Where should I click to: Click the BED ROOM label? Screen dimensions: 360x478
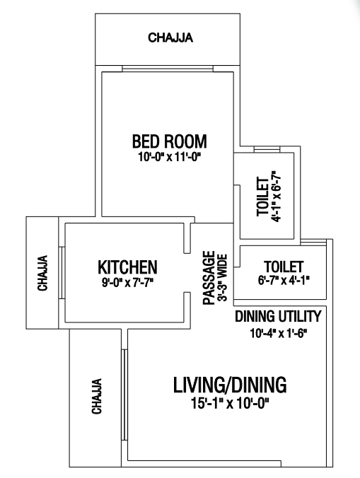tap(170, 141)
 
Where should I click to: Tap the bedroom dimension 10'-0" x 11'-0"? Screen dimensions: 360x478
tap(170, 157)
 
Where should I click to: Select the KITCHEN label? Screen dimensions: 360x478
tap(127, 267)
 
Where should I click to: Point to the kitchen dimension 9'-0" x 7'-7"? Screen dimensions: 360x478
tap(127, 283)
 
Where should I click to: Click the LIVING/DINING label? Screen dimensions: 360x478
tap(230, 385)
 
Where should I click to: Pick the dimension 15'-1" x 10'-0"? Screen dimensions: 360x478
tap(230, 404)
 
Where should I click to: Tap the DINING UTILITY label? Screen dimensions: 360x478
tap(278, 316)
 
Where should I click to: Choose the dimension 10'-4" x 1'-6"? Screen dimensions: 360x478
tap(278, 333)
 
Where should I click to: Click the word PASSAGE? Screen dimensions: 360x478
tap(209, 278)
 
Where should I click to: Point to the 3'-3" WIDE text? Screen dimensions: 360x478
tap(223, 278)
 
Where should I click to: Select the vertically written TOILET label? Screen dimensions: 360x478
tap(263, 197)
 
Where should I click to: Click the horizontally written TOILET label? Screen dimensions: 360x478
tap(284, 267)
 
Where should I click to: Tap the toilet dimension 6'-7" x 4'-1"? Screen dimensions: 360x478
tap(284, 281)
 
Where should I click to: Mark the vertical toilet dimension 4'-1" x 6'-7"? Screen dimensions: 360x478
tap(276, 197)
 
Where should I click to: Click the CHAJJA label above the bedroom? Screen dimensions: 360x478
tap(170, 37)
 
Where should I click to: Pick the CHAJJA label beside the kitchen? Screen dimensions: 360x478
tap(42, 273)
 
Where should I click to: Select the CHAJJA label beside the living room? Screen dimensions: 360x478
tap(97, 396)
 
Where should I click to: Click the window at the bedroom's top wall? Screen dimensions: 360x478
tap(168, 69)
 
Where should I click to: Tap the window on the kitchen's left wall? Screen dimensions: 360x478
tap(62, 272)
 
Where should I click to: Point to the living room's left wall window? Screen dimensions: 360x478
tap(124, 395)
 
